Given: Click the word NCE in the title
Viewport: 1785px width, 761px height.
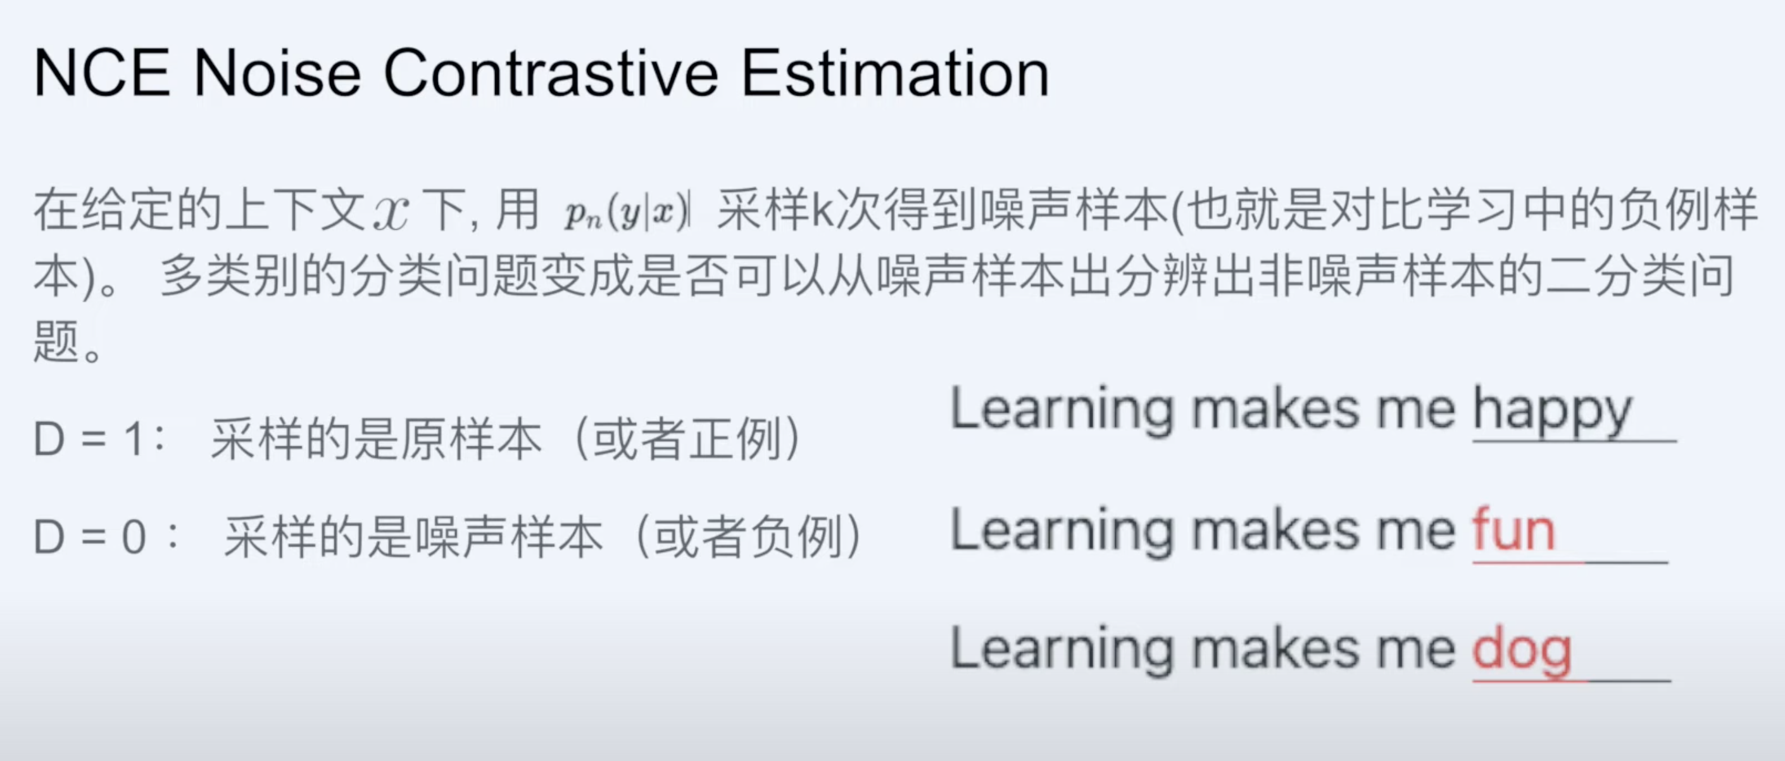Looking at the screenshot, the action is [x=101, y=73].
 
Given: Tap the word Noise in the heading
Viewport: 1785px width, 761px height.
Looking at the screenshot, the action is [x=277, y=73].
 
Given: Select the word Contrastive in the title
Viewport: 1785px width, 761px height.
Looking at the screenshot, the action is [x=551, y=73].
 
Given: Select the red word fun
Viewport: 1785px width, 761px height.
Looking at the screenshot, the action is [x=1514, y=530].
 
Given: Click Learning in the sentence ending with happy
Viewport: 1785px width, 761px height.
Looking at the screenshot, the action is [x=1061, y=410].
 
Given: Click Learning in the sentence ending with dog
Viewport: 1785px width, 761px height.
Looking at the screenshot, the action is [x=1061, y=650].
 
